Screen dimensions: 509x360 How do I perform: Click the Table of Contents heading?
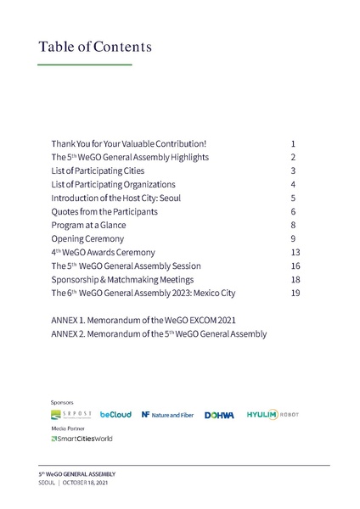(95, 47)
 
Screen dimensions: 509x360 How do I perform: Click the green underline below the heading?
(85, 64)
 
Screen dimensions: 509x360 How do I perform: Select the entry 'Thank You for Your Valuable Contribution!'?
(128, 144)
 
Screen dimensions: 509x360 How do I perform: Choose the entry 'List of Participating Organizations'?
(113, 185)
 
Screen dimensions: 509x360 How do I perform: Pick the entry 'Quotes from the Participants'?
(104, 211)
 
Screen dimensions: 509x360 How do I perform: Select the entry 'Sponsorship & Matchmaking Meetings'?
(122, 279)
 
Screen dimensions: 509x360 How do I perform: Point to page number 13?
(295, 252)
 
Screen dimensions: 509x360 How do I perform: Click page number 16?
(295, 266)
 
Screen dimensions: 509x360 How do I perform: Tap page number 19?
(295, 293)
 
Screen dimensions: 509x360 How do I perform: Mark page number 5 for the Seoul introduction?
(292, 199)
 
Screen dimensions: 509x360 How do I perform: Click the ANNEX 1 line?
(143, 320)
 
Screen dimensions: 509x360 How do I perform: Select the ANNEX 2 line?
(159, 333)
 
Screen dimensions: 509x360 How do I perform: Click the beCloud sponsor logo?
(115, 415)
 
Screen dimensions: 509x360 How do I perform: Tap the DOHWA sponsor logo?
(219, 415)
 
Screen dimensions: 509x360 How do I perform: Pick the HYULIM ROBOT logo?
(272, 414)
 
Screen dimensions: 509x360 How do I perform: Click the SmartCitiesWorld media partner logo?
(82, 439)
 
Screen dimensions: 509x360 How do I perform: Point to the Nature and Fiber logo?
(167, 415)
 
